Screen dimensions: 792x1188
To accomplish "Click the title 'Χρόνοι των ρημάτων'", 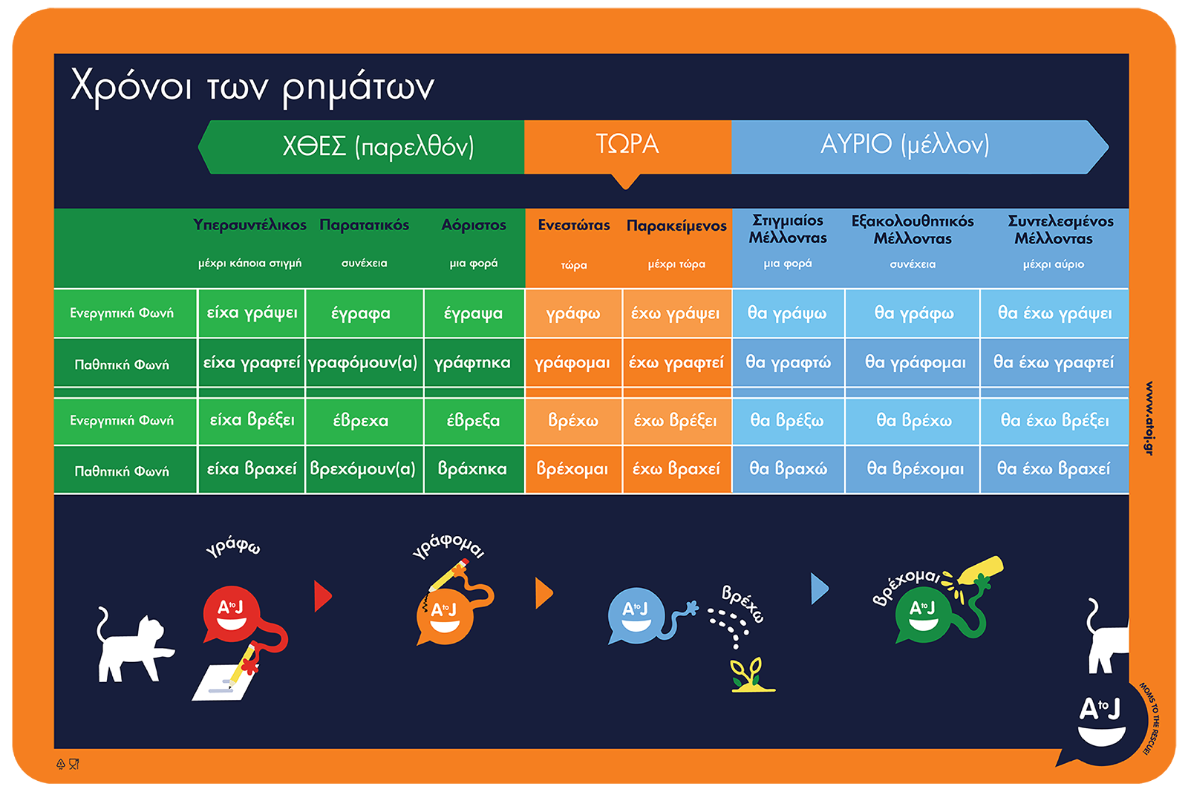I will (252, 87).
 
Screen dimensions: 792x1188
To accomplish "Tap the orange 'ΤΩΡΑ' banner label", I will (627, 144).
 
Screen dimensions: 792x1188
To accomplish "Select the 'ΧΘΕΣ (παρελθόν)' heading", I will (378, 146).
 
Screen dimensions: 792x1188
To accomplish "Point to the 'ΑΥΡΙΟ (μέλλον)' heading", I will (904, 144).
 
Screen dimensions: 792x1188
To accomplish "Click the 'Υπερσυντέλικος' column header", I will (249, 225).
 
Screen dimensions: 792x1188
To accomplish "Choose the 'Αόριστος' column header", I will (474, 225).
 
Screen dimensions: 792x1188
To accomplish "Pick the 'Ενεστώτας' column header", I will (574, 225).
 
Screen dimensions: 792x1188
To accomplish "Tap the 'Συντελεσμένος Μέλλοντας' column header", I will (1060, 229).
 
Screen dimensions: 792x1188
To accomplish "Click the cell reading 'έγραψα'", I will (473, 313).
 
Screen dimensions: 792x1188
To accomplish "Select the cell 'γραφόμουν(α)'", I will (363, 363).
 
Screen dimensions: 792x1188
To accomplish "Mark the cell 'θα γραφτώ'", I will (788, 363).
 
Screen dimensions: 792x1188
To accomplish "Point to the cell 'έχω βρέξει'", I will (675, 421).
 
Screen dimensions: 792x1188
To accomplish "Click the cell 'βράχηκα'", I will (472, 469).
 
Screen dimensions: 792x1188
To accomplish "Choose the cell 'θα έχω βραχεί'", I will (1054, 469).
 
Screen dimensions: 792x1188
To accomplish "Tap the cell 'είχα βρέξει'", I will (252, 421).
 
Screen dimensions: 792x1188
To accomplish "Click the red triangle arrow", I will (322, 596).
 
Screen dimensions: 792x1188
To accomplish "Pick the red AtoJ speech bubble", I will (232, 613).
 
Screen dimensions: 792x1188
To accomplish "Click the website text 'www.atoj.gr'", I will (1149, 418).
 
